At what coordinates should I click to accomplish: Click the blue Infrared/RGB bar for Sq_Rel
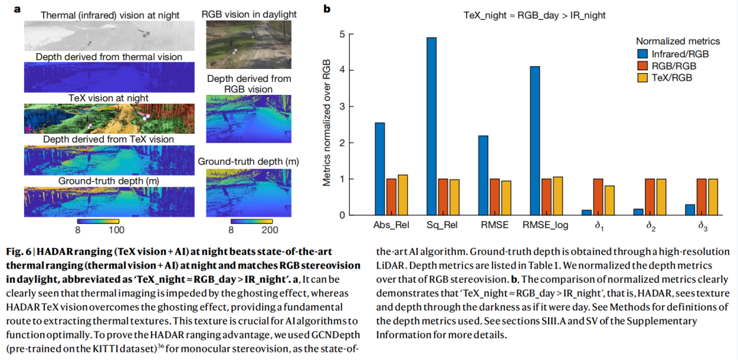432,126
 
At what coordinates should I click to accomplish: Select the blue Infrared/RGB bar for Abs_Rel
380,169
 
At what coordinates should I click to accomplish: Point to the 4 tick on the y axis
342,70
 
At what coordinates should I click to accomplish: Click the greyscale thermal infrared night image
109,36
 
